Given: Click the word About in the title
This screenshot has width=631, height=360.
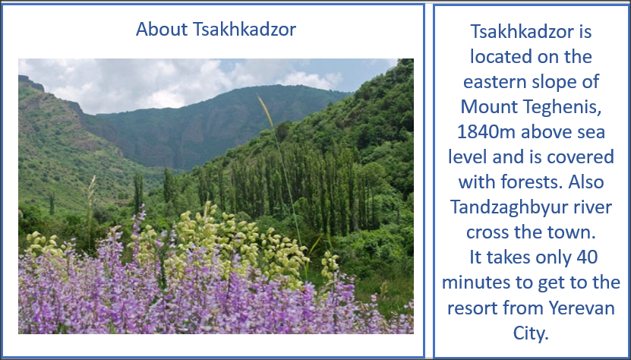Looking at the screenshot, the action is [x=162, y=29].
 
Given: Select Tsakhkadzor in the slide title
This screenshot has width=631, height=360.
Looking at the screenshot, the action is [x=245, y=29].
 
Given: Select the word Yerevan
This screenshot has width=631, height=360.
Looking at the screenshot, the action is [x=582, y=308].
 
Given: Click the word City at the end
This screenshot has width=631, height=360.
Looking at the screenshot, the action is [x=531, y=333].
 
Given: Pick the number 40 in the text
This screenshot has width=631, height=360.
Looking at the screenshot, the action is [x=587, y=257].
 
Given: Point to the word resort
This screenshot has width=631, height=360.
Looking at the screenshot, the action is [x=472, y=308].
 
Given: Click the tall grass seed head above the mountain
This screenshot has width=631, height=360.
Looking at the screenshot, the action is [x=266, y=111].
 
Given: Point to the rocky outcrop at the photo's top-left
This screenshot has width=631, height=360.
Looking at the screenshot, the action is [x=31, y=83].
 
